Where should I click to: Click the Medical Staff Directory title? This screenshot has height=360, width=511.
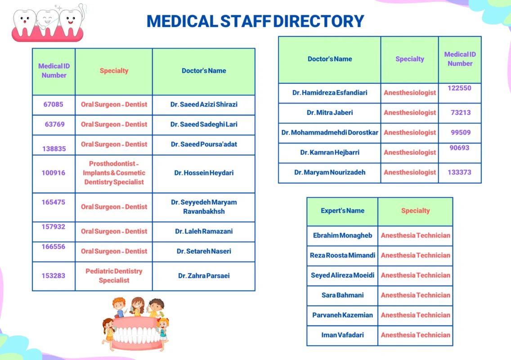[x=255, y=21]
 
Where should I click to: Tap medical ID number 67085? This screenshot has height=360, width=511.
[x=54, y=104]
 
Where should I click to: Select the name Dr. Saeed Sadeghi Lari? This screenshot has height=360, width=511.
[x=204, y=124]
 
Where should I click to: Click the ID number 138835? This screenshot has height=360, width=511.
[x=54, y=148]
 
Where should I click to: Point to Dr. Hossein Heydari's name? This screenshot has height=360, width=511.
[x=204, y=173]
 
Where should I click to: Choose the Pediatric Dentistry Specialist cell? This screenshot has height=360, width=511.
[x=114, y=276]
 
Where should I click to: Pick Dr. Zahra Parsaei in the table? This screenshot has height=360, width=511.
[x=204, y=275]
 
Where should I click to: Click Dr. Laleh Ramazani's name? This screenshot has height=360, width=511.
[x=204, y=231]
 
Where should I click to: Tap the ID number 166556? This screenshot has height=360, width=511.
[x=54, y=247]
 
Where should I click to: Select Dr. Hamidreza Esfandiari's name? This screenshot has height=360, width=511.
[x=330, y=93]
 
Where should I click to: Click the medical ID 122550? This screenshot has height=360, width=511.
[x=459, y=88]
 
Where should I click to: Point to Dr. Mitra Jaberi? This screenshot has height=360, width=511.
[x=330, y=112]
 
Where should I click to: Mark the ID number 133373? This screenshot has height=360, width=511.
[x=459, y=172]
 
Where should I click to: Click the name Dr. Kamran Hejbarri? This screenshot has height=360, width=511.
[x=330, y=153]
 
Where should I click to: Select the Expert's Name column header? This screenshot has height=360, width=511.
[x=342, y=211]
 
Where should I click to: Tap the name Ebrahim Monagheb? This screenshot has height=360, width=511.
[x=342, y=235]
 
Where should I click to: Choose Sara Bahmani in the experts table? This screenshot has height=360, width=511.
[x=342, y=295]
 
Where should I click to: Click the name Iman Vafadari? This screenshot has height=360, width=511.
[x=342, y=335]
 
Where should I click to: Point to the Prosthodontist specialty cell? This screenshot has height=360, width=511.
[x=114, y=173]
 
